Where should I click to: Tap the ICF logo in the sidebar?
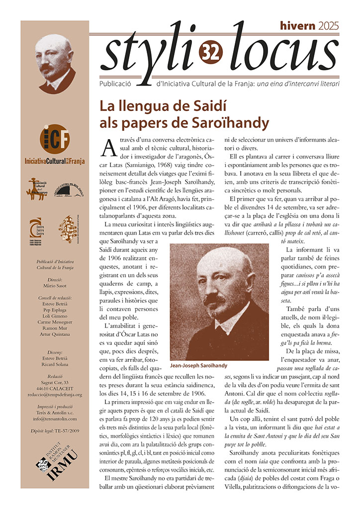[55, 141]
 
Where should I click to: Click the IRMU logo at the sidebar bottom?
[55, 465]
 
